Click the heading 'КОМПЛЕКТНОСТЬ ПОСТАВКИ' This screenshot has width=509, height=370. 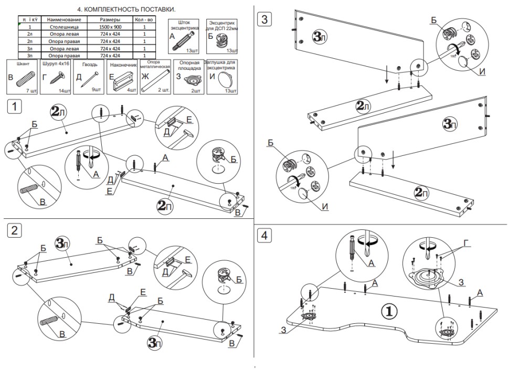(130, 9)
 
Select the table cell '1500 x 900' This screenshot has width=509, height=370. (110, 26)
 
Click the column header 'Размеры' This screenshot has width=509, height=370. (110, 19)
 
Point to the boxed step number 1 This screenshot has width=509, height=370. (15, 106)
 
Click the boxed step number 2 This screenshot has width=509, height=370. (15, 230)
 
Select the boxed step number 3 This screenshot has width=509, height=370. (264, 20)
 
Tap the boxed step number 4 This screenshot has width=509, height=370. (264, 236)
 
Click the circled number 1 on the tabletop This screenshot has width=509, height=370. (388, 311)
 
